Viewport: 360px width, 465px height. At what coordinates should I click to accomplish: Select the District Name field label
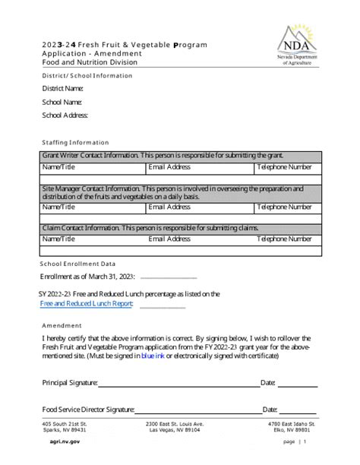(x=62, y=89)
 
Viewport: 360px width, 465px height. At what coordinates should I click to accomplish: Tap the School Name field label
(x=62, y=102)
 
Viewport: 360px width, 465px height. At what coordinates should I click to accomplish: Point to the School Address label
(x=65, y=115)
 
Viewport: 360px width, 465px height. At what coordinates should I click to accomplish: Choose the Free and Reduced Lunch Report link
(x=87, y=304)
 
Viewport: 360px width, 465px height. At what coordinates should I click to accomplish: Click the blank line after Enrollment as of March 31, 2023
(x=169, y=278)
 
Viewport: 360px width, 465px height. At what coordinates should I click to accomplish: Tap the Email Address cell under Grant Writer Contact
(x=169, y=166)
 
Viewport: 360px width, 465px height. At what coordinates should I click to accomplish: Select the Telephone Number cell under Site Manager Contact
(x=284, y=206)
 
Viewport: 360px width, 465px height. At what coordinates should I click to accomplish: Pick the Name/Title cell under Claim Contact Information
(x=58, y=239)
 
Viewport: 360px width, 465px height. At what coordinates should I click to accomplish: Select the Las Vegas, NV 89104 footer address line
(x=175, y=429)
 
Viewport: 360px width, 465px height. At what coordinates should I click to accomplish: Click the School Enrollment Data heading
(x=77, y=264)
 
